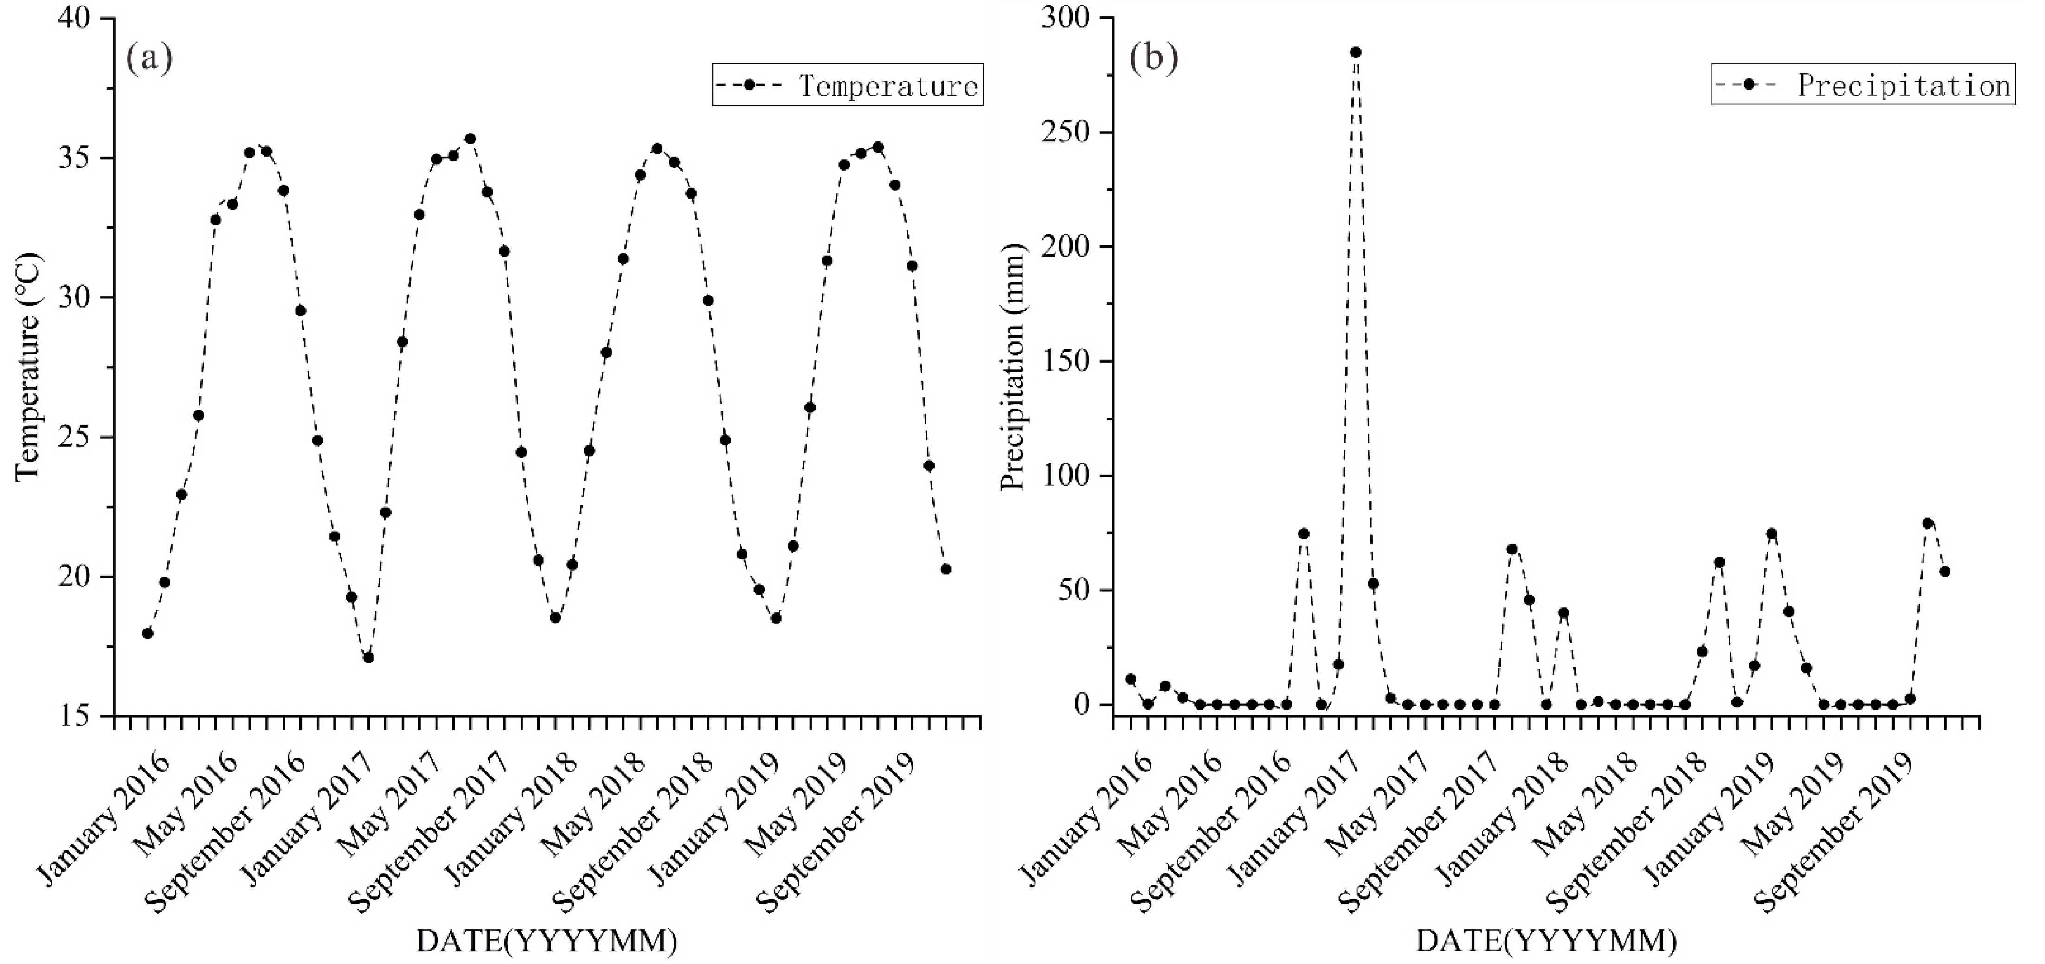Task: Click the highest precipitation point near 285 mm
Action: (x=1356, y=52)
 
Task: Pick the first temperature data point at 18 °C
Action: (x=148, y=633)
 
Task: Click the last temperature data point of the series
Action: (x=945, y=569)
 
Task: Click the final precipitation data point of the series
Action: (x=1945, y=572)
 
